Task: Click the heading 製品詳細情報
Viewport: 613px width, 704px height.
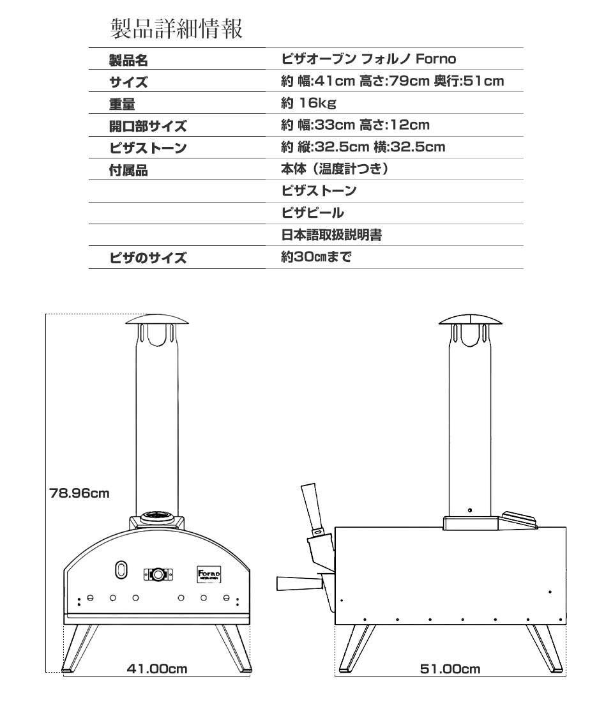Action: point(176,28)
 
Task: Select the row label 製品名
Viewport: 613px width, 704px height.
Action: point(128,60)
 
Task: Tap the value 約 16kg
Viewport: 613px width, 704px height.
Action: point(309,103)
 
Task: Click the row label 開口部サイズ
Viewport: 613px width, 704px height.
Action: point(148,126)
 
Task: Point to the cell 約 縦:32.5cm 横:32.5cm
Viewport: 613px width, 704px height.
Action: point(363,147)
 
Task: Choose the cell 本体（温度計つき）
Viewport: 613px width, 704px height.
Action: point(335,169)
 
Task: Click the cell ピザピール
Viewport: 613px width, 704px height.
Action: point(313,212)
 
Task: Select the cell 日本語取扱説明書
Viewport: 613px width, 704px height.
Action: point(331,234)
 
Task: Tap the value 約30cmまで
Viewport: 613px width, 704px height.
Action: point(316,257)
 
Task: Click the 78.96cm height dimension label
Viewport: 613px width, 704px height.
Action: point(79,493)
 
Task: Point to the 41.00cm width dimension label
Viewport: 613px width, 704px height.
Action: point(157,669)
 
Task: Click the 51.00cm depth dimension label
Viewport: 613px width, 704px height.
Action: point(450,669)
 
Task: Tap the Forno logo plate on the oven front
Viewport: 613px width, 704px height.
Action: point(209,574)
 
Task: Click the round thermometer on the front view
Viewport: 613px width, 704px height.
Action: point(158,574)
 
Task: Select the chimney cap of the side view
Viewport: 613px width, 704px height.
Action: point(470,320)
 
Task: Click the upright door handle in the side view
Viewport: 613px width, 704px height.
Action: point(314,507)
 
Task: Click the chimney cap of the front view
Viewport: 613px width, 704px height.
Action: point(156,319)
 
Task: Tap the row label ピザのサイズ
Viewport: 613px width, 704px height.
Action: point(148,258)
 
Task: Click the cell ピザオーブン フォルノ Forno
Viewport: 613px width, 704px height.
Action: point(369,59)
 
